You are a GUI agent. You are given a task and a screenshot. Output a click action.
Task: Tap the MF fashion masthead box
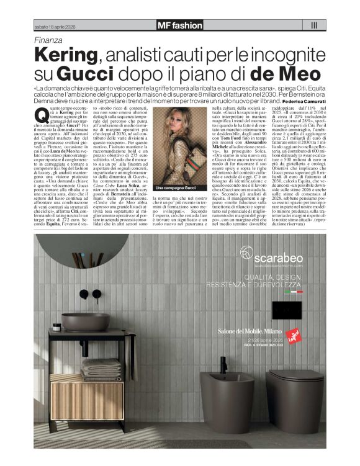[x=180, y=25]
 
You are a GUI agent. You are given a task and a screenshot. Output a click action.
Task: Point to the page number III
[x=314, y=25]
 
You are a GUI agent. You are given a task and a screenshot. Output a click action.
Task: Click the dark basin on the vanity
[x=86, y=320]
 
